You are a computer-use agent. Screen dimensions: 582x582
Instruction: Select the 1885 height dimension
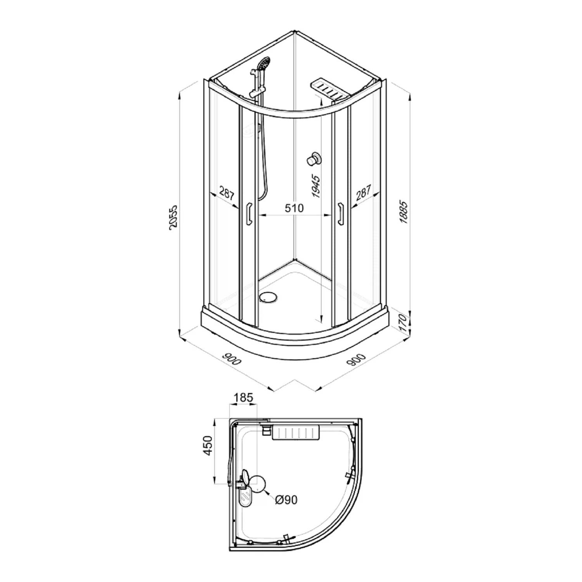pyautogui.click(x=404, y=212)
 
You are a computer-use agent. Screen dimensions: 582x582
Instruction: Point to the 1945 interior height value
pyautogui.click(x=316, y=187)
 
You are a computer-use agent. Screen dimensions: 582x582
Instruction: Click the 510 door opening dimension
pyautogui.click(x=294, y=208)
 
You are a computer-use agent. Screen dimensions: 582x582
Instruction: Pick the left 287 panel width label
pyautogui.click(x=227, y=193)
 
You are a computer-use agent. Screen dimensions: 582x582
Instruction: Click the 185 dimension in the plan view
pyautogui.click(x=243, y=397)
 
